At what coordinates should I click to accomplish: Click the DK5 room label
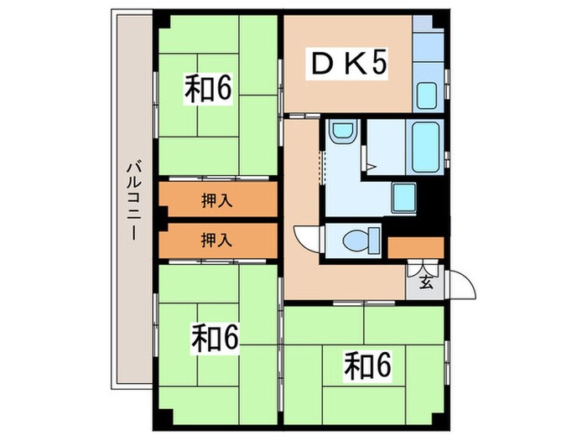click(x=351, y=64)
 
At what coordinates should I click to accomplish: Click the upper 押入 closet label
click(x=217, y=200)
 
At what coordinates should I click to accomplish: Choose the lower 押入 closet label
click(x=217, y=240)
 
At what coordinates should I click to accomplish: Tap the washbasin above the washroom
click(x=342, y=132)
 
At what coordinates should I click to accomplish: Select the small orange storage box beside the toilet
click(x=415, y=248)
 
